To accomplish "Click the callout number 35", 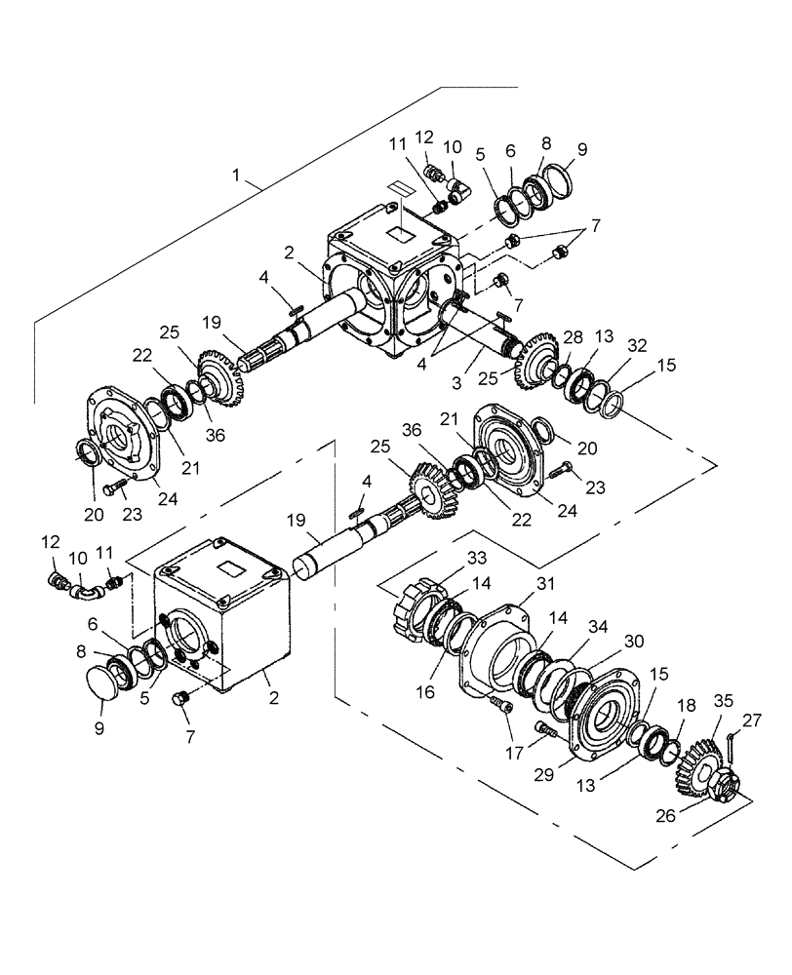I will point(723,700).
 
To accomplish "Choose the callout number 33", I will point(475,558).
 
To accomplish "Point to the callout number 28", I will point(572,336).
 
